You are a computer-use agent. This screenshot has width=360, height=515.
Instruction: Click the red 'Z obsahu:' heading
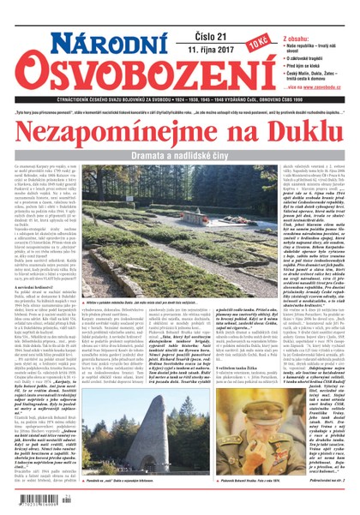click(289, 13)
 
